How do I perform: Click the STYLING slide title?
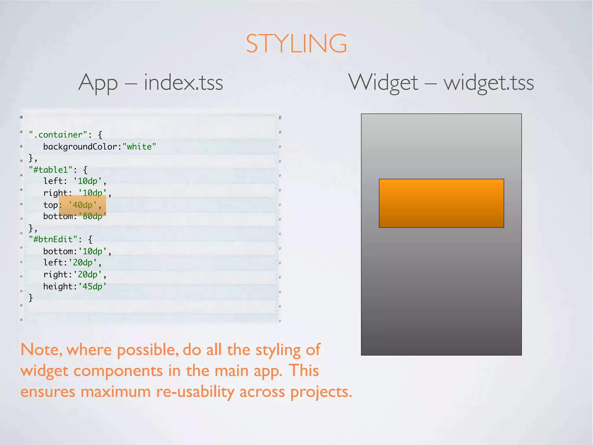coord(296,44)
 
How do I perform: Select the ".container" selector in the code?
coord(58,135)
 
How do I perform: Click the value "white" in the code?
coord(139,147)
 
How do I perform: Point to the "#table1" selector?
coord(51,169)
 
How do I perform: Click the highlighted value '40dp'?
coord(83,205)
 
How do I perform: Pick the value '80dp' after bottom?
coord(92,216)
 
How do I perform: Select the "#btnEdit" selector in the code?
coord(53,239)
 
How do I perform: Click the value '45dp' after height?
coord(92,286)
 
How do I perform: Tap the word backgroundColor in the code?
coord(80,147)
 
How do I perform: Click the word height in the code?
coord(58,286)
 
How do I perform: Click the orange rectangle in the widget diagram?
coord(441,203)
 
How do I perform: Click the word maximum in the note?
coord(116,392)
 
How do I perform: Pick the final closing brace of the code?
coord(31,298)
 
